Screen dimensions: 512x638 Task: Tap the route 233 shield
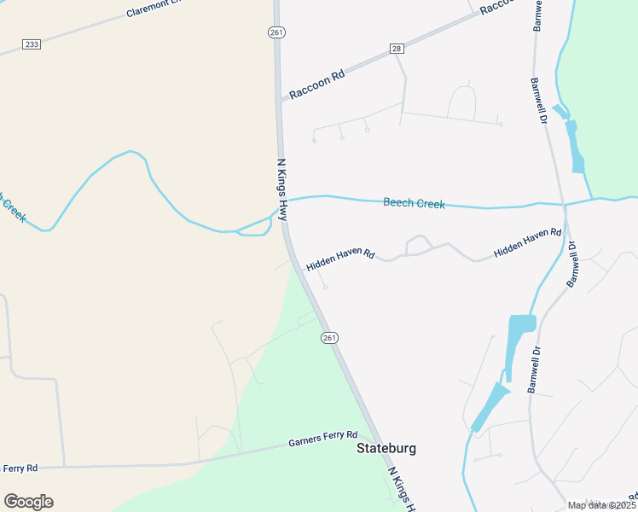(x=32, y=44)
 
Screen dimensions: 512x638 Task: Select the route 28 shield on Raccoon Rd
(x=397, y=49)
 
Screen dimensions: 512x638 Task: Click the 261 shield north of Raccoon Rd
(x=275, y=32)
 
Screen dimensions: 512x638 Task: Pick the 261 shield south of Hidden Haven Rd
(x=330, y=338)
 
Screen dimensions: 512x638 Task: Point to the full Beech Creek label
(x=414, y=203)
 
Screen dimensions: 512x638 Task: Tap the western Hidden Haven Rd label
(x=340, y=259)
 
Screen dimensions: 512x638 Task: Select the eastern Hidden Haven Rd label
(x=527, y=241)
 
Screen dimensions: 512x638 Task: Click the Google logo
(x=28, y=502)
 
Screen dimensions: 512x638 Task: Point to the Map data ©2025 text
(x=601, y=505)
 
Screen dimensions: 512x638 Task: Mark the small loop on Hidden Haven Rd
(x=417, y=244)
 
